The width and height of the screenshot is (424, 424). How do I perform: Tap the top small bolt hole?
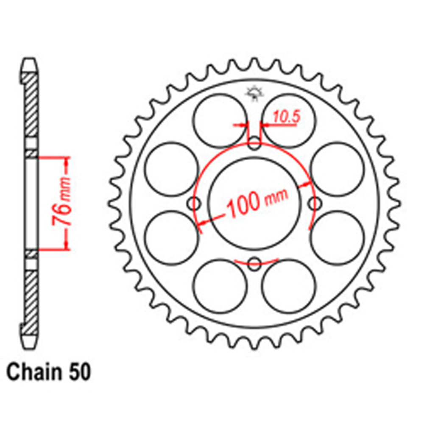coord(254,143)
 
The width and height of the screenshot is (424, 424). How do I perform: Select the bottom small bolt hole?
coord(254,264)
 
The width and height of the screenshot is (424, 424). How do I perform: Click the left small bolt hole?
coord(196,204)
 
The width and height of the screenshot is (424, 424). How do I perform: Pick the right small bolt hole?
coord(314,204)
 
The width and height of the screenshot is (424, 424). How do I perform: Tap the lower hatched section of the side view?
coord(30,299)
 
